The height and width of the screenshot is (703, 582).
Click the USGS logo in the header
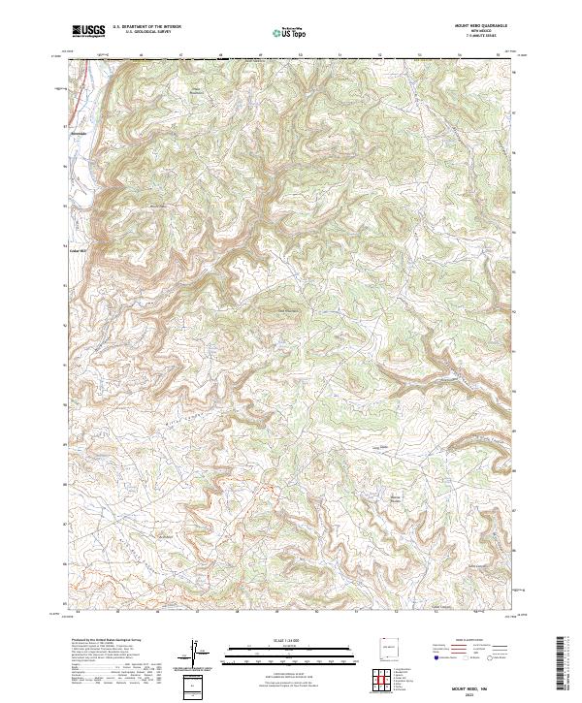(88, 31)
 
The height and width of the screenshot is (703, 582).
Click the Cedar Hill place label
(77, 249)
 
